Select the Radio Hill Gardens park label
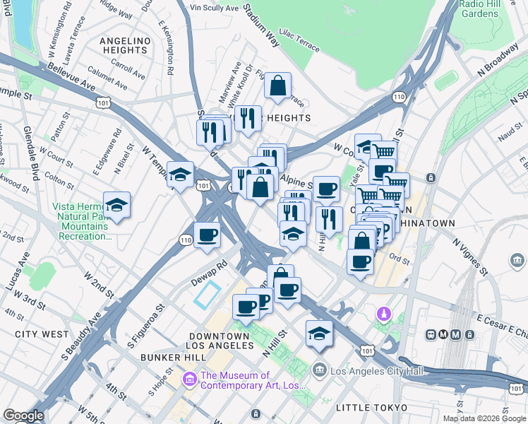tap(479, 8)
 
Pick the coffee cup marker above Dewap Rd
tap(207, 235)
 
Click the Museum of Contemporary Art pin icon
tap(189, 380)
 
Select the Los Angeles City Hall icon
tap(320, 370)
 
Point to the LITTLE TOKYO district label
tap(371, 408)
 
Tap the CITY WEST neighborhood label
tap(42, 334)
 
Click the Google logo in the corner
tap(23, 416)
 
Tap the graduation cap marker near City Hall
tap(319, 334)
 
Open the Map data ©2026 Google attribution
tap(484, 418)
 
